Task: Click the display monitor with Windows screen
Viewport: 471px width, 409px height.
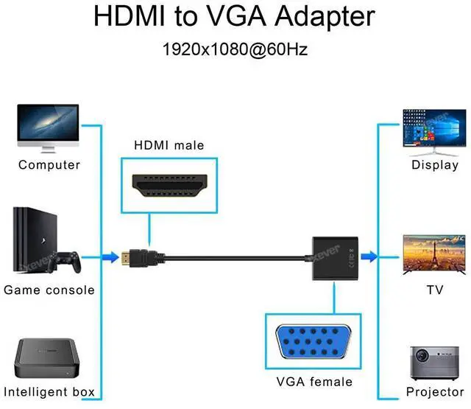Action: pos(434,130)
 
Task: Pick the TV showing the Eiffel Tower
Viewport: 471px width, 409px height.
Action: pos(434,254)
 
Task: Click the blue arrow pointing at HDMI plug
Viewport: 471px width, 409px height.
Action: pos(110,257)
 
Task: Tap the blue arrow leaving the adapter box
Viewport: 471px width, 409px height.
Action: pos(368,257)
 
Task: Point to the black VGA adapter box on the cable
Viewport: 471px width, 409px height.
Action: pos(333,257)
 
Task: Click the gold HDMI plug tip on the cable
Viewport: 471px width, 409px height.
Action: pos(129,257)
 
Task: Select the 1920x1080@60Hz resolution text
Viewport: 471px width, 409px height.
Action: pos(235,50)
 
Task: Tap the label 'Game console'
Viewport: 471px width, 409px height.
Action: pos(49,290)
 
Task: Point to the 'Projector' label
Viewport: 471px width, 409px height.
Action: pos(435,392)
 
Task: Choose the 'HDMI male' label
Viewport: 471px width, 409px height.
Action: pos(169,145)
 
